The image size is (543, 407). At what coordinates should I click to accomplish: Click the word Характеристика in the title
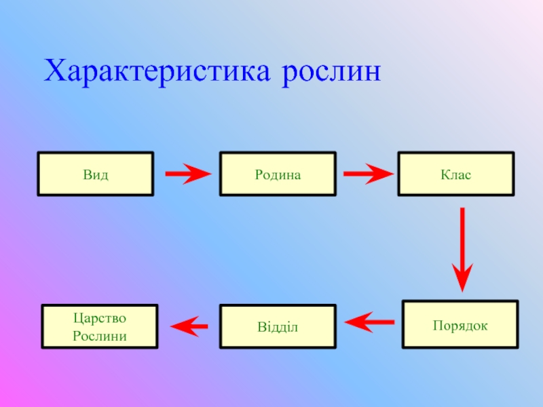tap(157, 71)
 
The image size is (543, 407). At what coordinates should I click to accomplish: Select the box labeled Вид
tap(96, 174)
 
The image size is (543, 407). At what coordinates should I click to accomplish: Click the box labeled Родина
tap(278, 174)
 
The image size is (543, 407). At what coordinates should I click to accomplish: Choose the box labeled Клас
tap(455, 174)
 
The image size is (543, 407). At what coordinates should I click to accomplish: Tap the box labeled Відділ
tap(278, 327)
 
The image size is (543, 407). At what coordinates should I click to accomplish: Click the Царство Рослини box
tap(100, 327)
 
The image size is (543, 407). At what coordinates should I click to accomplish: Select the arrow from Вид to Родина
tap(188, 174)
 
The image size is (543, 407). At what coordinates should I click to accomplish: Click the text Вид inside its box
tap(96, 174)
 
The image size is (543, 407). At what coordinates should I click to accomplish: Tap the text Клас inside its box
tap(455, 174)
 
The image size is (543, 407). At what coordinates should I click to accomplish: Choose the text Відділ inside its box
tap(278, 328)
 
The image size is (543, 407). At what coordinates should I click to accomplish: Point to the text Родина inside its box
tap(278, 174)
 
